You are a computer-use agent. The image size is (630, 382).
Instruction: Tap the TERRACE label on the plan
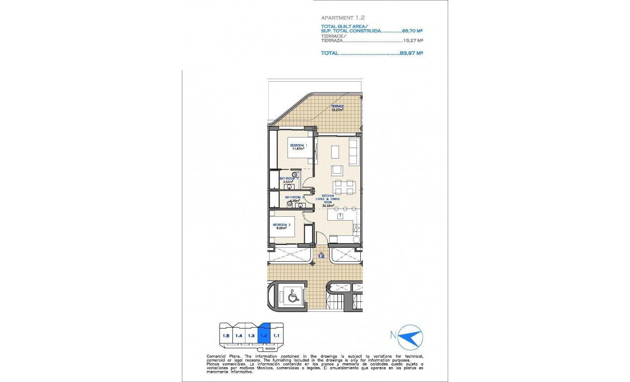coord(337,106)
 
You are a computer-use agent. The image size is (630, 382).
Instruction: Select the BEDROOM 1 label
coord(298,145)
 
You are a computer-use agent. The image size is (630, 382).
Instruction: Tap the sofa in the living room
coord(354,152)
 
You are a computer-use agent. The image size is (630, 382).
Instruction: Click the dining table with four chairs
coord(344,187)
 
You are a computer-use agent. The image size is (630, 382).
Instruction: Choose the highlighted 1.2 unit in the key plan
coord(264,335)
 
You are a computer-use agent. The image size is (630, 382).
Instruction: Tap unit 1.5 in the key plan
coord(226,336)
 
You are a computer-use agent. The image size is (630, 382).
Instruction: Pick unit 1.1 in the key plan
coord(276,335)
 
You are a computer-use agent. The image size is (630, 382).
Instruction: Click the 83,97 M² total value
coord(412,53)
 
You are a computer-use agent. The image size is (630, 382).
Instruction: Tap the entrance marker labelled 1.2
coord(321,256)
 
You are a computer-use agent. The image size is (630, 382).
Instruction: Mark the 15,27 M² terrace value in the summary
coord(413,41)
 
